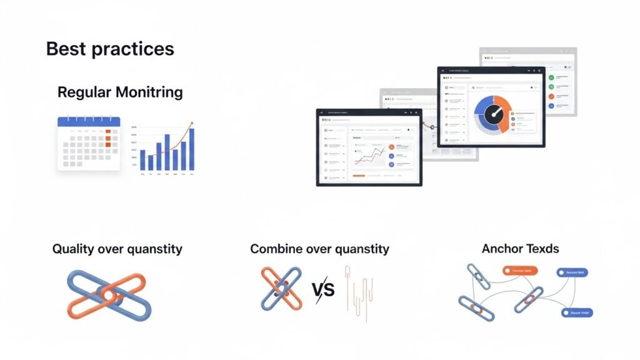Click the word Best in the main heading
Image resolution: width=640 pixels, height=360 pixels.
[66, 49]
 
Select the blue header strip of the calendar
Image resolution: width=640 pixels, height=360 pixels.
[88, 122]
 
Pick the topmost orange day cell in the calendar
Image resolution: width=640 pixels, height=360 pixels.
[108, 132]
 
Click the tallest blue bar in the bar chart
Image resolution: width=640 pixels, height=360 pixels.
[191, 149]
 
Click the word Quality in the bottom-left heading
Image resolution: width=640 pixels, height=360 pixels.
[73, 249]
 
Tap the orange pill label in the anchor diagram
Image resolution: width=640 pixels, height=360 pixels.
[520, 271]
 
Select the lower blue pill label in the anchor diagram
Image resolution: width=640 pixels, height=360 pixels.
[576, 312]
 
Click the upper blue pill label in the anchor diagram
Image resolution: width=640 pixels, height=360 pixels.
[574, 272]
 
